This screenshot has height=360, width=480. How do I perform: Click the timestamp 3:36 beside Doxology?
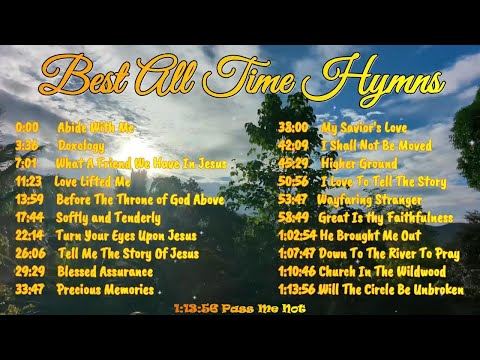(27, 145)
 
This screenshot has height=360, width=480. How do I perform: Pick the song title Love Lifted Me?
(92, 181)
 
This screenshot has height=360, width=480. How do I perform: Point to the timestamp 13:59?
(28, 199)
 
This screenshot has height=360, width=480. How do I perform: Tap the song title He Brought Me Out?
(371, 235)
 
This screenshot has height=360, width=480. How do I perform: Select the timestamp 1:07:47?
(296, 253)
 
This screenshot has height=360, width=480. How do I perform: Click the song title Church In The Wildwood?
(383, 271)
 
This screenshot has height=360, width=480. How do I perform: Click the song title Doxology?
(82, 145)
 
